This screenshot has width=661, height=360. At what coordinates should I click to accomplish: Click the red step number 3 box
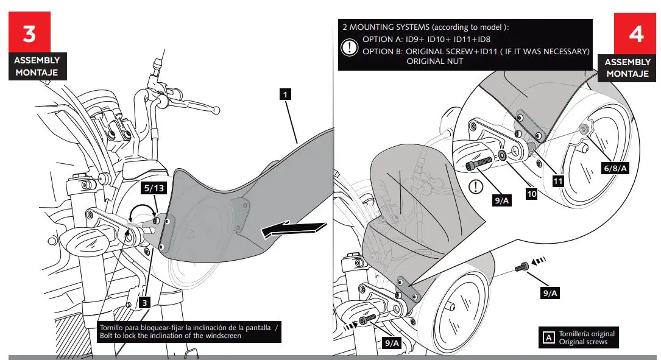[x=29, y=34]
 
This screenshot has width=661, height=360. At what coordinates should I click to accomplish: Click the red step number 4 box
[x=636, y=34]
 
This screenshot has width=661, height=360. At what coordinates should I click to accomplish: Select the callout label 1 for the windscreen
[x=285, y=94]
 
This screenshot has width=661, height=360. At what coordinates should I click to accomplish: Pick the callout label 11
[x=557, y=181]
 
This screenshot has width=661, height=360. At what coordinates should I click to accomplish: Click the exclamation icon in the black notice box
[x=350, y=48]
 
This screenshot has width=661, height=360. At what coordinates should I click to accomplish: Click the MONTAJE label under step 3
[x=37, y=72]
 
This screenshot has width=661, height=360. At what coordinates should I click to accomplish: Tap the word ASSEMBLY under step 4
[x=627, y=62]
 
